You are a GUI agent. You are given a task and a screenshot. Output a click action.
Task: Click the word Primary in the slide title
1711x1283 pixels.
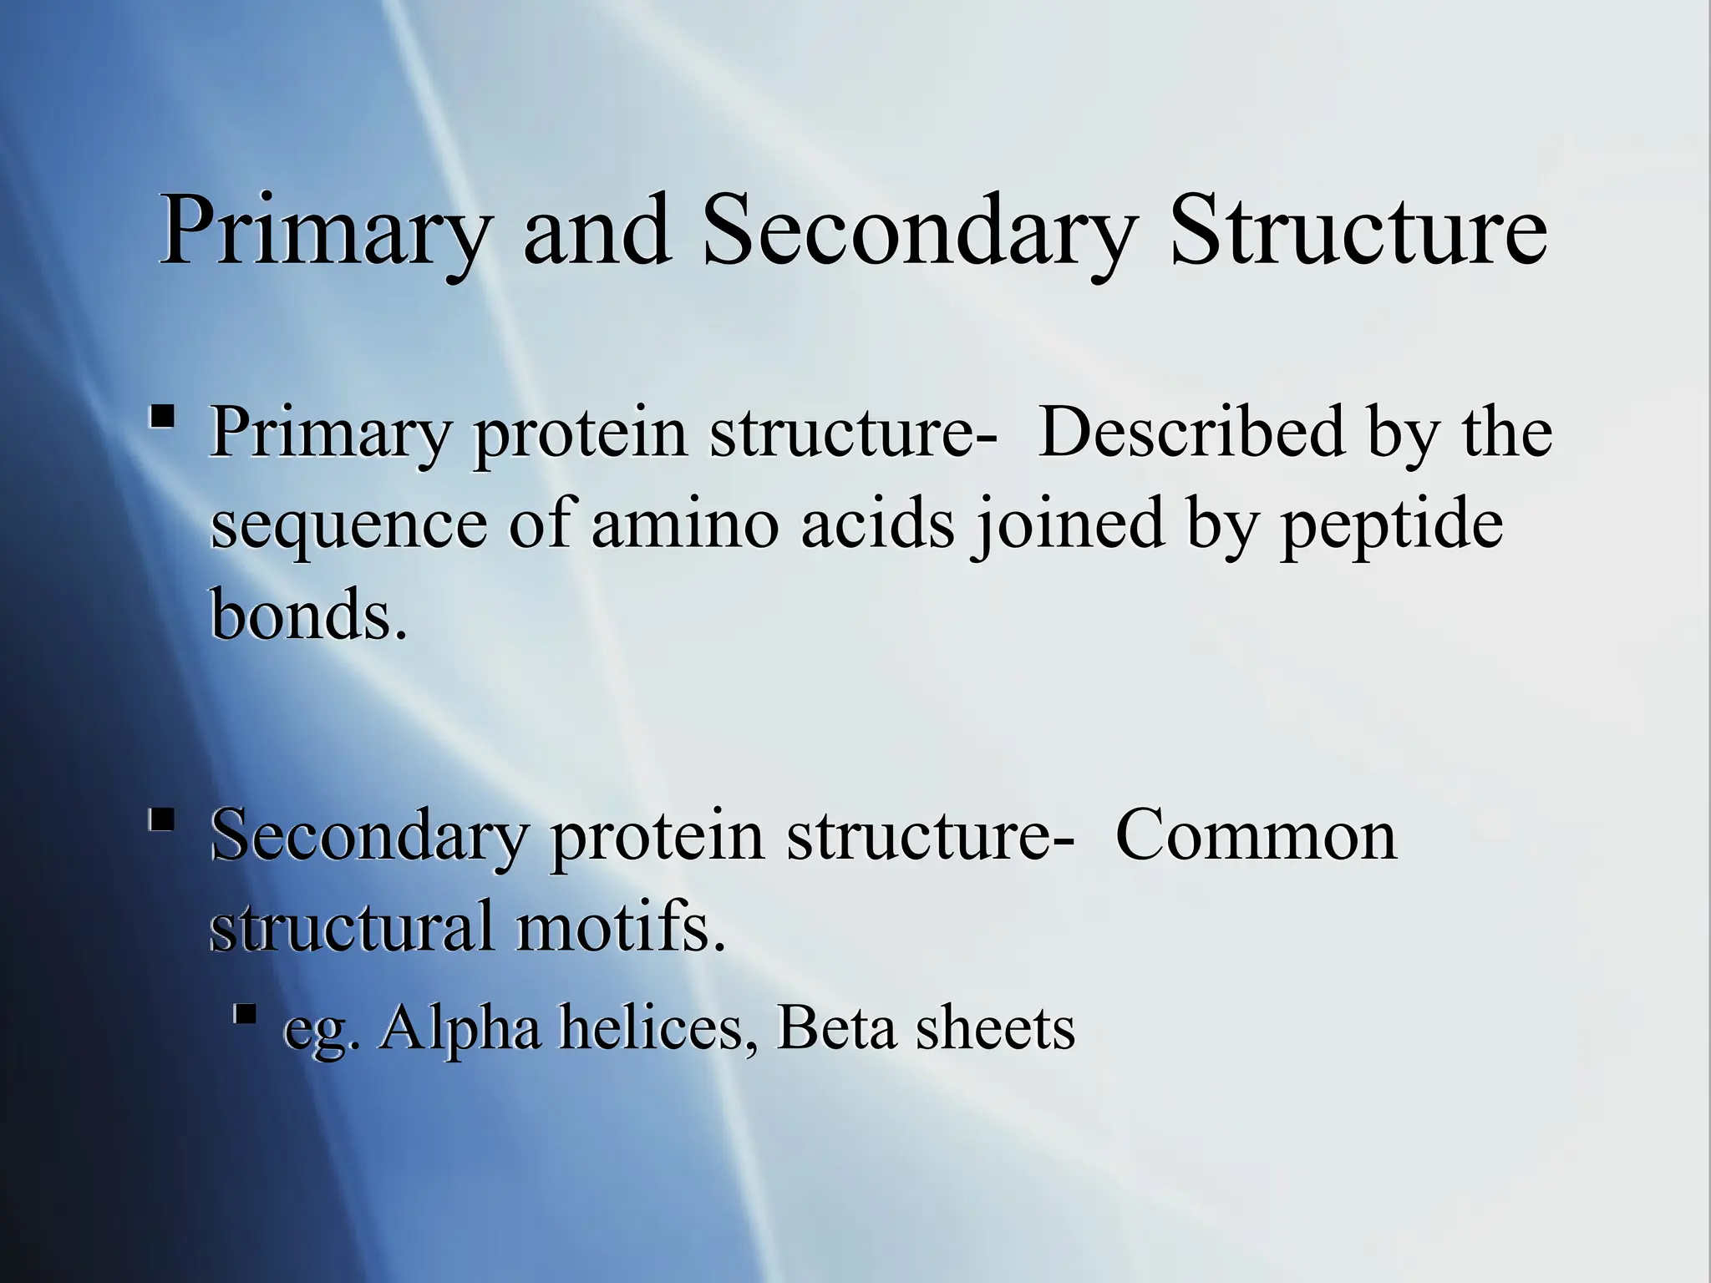pos(322,232)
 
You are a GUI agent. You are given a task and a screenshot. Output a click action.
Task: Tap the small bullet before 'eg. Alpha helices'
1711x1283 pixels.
pos(245,1016)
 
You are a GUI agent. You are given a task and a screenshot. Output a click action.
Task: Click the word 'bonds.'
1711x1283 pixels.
pos(308,614)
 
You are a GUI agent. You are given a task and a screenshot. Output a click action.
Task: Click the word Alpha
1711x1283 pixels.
pos(459,1029)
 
